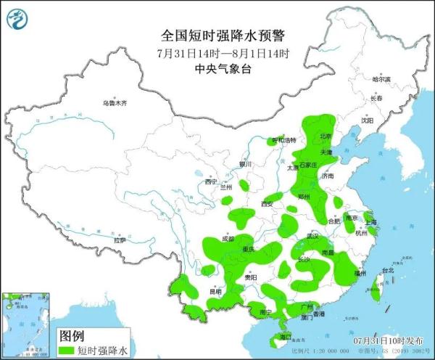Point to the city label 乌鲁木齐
tap(115, 104)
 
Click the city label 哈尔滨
tap(381, 78)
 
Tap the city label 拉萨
tap(119, 240)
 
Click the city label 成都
tap(228, 238)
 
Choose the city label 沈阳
tap(368, 121)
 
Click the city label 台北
tap(387, 271)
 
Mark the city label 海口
tap(285, 337)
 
